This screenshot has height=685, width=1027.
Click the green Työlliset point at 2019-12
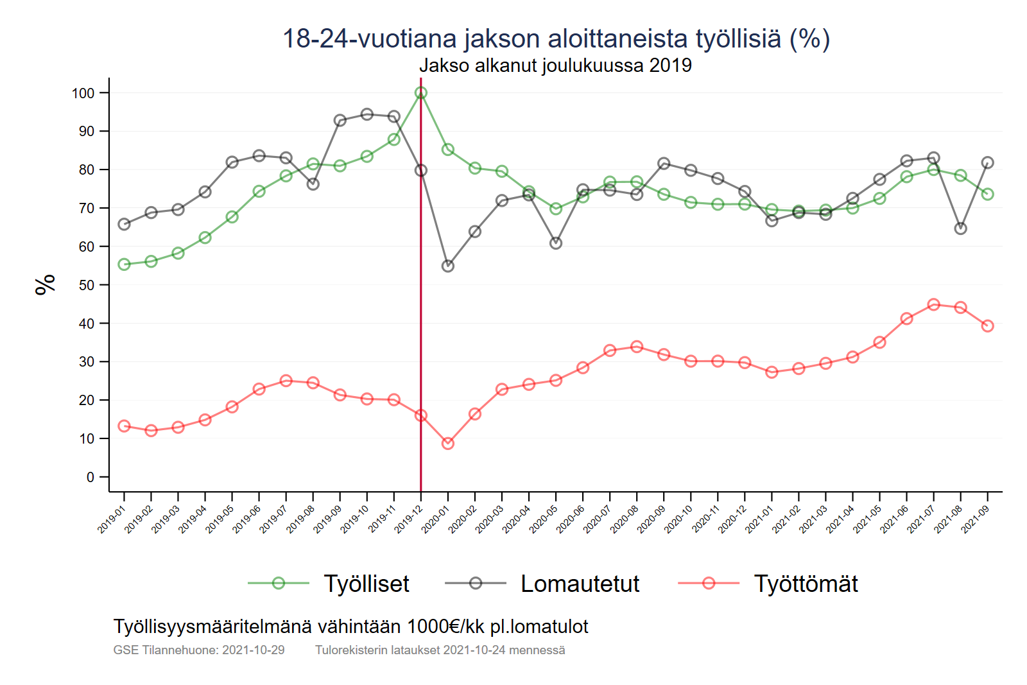(x=421, y=93)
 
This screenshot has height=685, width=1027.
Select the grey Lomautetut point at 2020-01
(x=448, y=266)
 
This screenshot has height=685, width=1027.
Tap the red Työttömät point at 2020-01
(x=448, y=444)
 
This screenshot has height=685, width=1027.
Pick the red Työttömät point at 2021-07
(x=934, y=305)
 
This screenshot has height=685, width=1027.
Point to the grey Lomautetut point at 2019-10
(x=367, y=114)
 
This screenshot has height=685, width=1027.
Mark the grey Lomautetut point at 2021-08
(x=961, y=229)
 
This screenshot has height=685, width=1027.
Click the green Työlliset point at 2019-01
(x=125, y=264)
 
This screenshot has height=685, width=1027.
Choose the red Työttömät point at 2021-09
(x=988, y=326)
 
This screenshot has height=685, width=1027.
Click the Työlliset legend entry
(x=366, y=584)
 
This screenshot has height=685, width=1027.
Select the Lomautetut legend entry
(x=580, y=584)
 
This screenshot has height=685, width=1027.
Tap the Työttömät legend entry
(x=806, y=584)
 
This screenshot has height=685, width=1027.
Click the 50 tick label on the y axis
(x=87, y=285)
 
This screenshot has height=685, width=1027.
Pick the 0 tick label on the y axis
(x=91, y=477)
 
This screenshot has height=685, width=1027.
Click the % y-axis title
(x=46, y=284)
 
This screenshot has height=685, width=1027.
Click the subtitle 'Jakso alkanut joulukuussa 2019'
(x=555, y=65)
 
